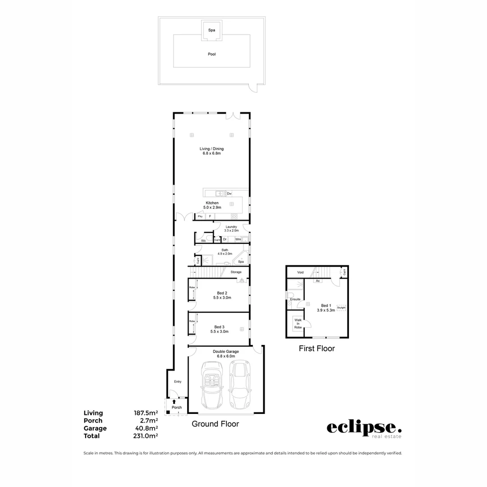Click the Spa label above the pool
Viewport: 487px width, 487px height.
211,30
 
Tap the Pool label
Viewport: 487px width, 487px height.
211,54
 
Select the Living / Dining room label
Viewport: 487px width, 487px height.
211,151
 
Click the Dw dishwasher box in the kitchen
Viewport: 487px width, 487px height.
229,193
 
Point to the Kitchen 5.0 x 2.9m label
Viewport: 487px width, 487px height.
212,205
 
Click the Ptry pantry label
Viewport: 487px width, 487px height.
200,217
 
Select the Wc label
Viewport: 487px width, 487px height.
203,241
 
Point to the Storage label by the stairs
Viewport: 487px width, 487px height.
236,272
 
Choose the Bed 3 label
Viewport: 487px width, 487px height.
219,329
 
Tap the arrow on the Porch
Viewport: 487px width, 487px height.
174,401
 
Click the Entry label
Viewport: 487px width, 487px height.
178,381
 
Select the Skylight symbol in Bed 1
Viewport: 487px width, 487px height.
341,308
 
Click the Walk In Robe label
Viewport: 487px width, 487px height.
298,323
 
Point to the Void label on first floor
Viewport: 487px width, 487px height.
300,272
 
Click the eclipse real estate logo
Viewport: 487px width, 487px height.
363,429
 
